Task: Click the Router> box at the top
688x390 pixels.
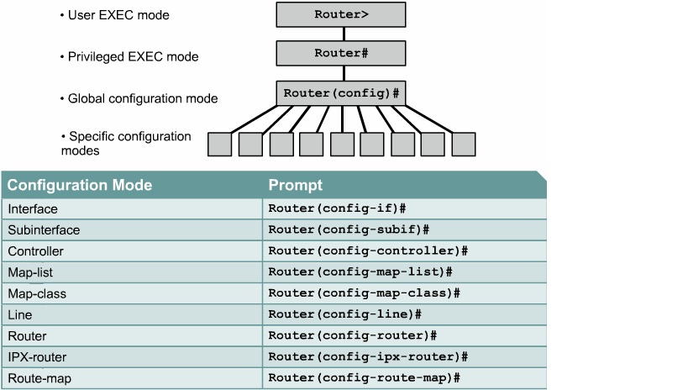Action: pyautogui.click(x=340, y=14)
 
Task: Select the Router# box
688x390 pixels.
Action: pyautogui.click(x=340, y=53)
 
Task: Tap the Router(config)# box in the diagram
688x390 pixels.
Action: pyautogui.click(x=340, y=92)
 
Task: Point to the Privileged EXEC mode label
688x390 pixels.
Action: pyautogui.click(x=133, y=57)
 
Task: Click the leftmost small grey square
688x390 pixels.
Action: pyautogui.click(x=219, y=144)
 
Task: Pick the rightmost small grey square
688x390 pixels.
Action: pyautogui.click(x=464, y=144)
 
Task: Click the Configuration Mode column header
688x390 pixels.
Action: pyautogui.click(x=80, y=185)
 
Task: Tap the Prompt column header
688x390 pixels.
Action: pyautogui.click(x=295, y=185)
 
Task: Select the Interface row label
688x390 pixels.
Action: pyautogui.click(x=33, y=208)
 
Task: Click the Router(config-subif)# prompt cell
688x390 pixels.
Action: pyautogui.click(x=349, y=229)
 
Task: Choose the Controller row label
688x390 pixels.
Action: pyautogui.click(x=35, y=250)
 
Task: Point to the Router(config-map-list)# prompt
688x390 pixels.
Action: pyautogui.click(x=360, y=271)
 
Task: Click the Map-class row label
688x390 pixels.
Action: pyautogui.click(x=37, y=293)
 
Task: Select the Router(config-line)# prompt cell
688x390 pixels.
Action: pyautogui.click(x=344, y=314)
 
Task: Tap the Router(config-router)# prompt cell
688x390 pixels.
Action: pyautogui.click(x=352, y=335)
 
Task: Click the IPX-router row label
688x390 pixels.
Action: pyautogui.click(x=37, y=357)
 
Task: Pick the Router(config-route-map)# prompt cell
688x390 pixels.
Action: pyautogui.click(x=364, y=378)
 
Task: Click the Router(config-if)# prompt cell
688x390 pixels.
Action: pyautogui.click(x=337, y=208)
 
